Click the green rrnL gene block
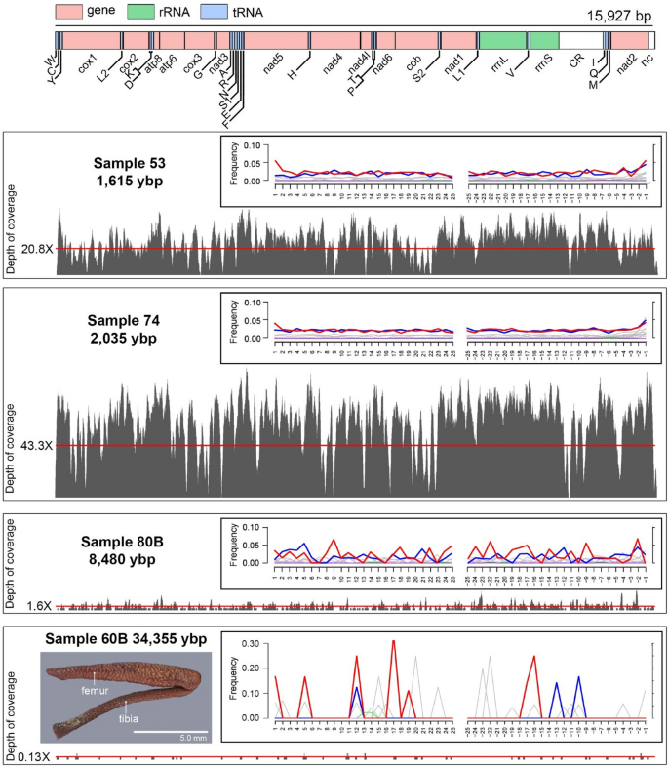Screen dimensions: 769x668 tap(502, 40)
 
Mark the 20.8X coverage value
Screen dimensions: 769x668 tap(36, 249)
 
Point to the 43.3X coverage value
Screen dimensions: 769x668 tap(36, 446)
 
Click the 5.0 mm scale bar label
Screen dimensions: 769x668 tap(167, 738)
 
